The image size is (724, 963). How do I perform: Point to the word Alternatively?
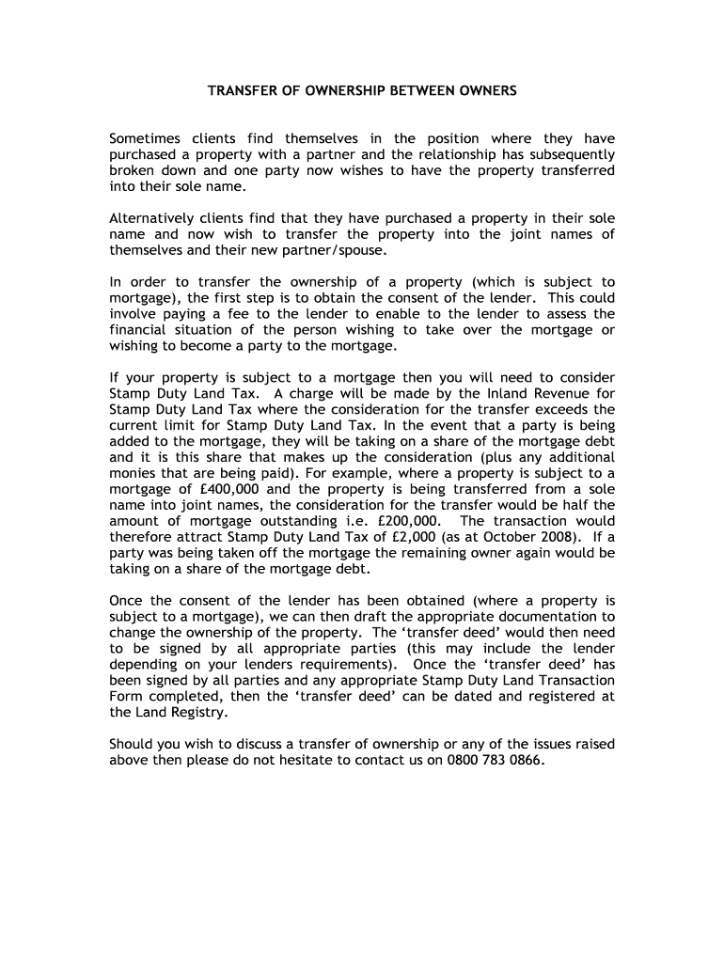click(x=157, y=218)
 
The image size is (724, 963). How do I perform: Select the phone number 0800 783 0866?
click(x=496, y=761)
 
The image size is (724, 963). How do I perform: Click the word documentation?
click(x=544, y=617)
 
